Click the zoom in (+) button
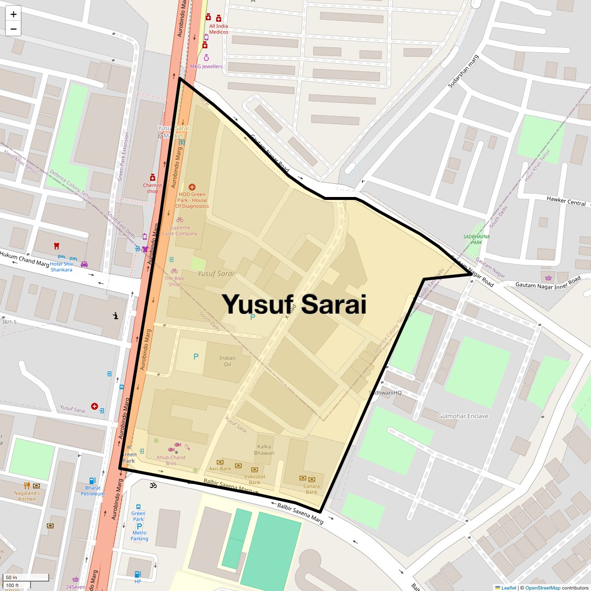coord(13,14)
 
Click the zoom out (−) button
coord(13,29)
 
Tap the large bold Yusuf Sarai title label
coord(294,304)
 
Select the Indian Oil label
coord(227,361)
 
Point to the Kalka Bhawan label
coord(264,450)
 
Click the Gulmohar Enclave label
coord(463,416)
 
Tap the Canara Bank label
coord(311,489)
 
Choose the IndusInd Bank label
coord(255,479)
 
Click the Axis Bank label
coord(220,468)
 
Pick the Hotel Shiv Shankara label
coord(61,267)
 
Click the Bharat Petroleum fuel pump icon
coord(92,481)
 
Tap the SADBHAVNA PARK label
coord(476,239)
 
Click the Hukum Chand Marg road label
coord(24,259)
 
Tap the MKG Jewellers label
coord(206,66)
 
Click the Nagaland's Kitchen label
coord(27,496)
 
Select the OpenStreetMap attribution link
coord(542,588)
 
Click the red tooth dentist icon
coord(56,246)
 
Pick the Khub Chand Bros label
coord(171,460)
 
